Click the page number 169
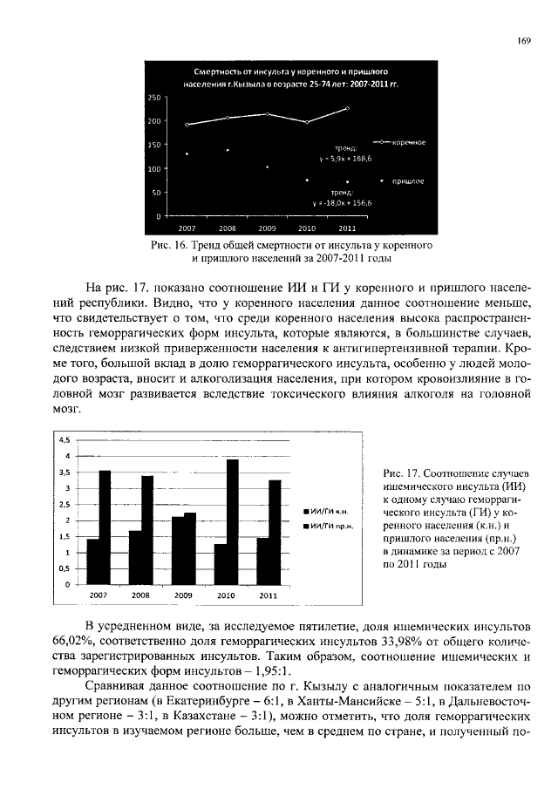[x=524, y=40]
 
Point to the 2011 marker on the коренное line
[x=347, y=108]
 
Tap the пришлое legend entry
[x=402, y=180]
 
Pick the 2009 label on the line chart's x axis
[x=267, y=227]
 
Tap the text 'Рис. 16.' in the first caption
[x=169, y=246]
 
